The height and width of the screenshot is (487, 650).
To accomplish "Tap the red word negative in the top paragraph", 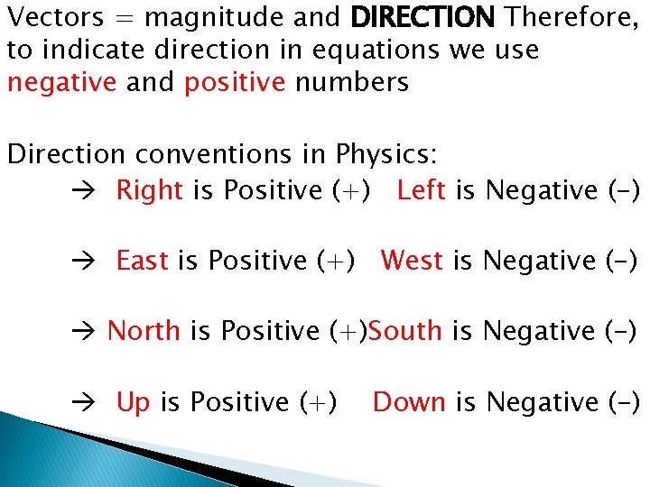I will click(x=61, y=83).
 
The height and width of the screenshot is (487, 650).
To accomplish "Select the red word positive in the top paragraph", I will click(x=235, y=83).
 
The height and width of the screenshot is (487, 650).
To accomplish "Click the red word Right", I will click(x=150, y=191).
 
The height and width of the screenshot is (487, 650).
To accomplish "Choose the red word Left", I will click(x=421, y=191).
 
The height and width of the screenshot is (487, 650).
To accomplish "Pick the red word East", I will click(x=143, y=262).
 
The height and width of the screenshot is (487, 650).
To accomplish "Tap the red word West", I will click(x=412, y=262).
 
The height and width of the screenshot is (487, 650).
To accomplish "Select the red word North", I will click(x=144, y=332).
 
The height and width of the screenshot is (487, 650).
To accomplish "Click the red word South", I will click(x=405, y=332).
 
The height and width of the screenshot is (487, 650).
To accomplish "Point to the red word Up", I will click(x=133, y=402).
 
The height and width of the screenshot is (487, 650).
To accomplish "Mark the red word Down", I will click(x=409, y=402).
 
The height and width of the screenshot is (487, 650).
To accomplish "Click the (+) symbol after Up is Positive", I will click(x=320, y=402).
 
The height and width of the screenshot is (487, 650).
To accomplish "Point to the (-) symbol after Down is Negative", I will click(x=622, y=402).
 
